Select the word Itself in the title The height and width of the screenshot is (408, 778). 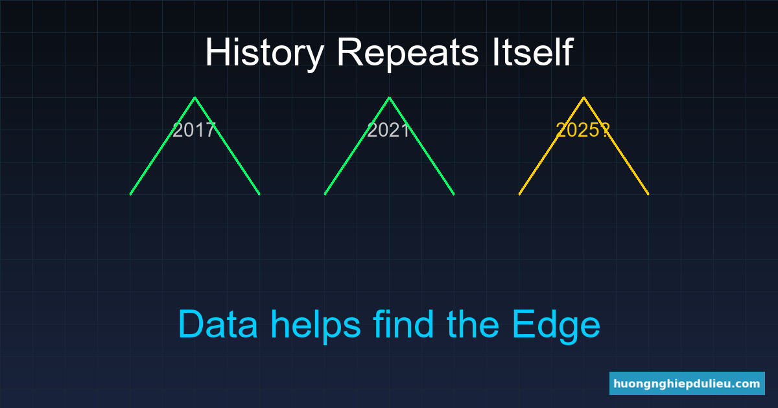[x=533, y=52]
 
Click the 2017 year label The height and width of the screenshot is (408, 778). [x=194, y=130]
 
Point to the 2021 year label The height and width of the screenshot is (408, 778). [x=388, y=130]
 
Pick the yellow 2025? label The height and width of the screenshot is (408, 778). [x=583, y=130]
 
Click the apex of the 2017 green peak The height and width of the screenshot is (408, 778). [x=195, y=98]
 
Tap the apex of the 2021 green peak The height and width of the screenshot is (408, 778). [x=390, y=98]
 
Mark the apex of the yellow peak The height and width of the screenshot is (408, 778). [x=584, y=98]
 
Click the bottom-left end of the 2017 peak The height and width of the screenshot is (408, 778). [x=130, y=194]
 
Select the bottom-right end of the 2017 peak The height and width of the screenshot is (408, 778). [x=259, y=194]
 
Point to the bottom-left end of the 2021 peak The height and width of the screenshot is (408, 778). [x=325, y=194]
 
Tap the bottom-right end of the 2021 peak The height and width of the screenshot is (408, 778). [x=454, y=194]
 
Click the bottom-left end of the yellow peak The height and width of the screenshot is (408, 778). [x=519, y=194]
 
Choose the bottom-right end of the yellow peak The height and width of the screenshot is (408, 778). [x=648, y=194]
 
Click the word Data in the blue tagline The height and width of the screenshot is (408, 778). [x=218, y=324]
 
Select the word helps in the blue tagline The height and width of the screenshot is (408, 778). [x=316, y=326]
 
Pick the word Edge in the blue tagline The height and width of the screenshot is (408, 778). [x=556, y=327]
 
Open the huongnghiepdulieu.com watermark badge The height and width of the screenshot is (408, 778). [x=687, y=383]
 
